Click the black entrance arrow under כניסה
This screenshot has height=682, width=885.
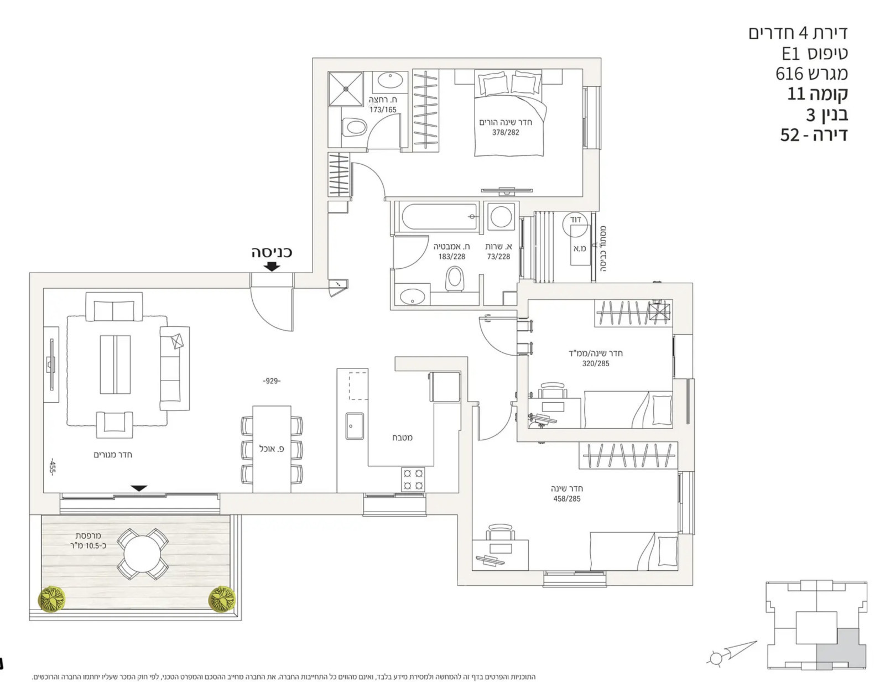point(272,266)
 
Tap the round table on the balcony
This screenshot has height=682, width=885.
point(142,554)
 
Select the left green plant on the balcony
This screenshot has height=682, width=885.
point(51,599)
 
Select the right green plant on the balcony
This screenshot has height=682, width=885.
point(222,599)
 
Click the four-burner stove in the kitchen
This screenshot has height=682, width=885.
point(413,480)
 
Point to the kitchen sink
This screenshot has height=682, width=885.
point(355,426)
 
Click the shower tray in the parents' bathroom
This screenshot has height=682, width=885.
point(345,88)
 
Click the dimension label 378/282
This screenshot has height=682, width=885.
point(506,133)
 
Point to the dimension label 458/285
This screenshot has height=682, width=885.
point(567,499)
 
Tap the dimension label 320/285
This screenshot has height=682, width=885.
point(595,364)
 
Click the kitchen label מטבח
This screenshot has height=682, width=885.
point(402,438)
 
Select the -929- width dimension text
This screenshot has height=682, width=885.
point(272,381)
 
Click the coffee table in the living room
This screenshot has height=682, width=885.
point(115,364)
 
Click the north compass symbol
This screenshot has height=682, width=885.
point(717,658)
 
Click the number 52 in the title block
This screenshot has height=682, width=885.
point(789,135)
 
